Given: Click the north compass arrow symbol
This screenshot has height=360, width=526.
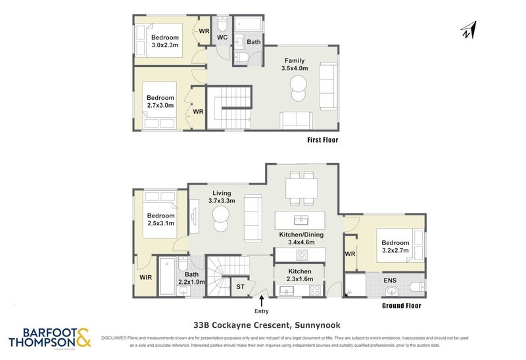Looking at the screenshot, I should coord(467,30).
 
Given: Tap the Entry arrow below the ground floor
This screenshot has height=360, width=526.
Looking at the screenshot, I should coord(262,302).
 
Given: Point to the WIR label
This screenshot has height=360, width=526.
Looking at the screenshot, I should coord(145,277).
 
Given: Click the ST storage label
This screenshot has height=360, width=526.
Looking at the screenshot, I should coord(240,286).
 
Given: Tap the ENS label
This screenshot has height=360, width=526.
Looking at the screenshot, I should coord(389,281).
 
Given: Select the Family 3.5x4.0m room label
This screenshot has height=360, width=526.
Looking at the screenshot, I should coord(293,64).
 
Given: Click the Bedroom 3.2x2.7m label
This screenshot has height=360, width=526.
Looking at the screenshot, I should coord(395,247).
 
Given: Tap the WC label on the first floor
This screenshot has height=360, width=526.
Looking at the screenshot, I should coord(222,37).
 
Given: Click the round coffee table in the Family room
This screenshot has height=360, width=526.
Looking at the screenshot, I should coord(298,83).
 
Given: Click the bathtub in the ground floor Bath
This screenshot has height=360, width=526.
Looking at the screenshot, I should coord(165,276).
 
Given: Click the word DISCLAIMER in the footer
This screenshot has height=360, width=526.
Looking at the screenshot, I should coord(115,336).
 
